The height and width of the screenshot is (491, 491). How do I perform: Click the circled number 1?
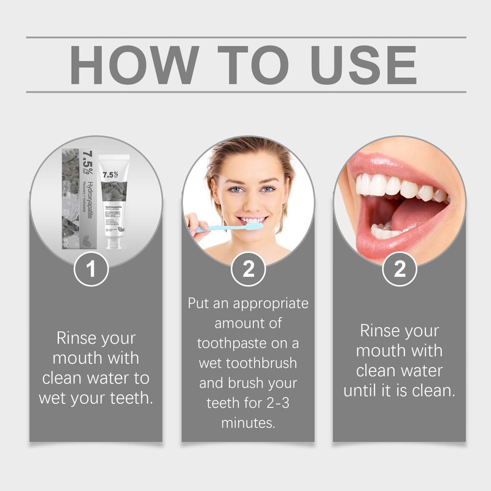click(91, 269)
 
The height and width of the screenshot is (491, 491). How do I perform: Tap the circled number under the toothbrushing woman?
click(248, 269)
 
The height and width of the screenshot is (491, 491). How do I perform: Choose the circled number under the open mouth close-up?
click(400, 269)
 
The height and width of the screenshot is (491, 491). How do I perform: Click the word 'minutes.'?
click(248, 423)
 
